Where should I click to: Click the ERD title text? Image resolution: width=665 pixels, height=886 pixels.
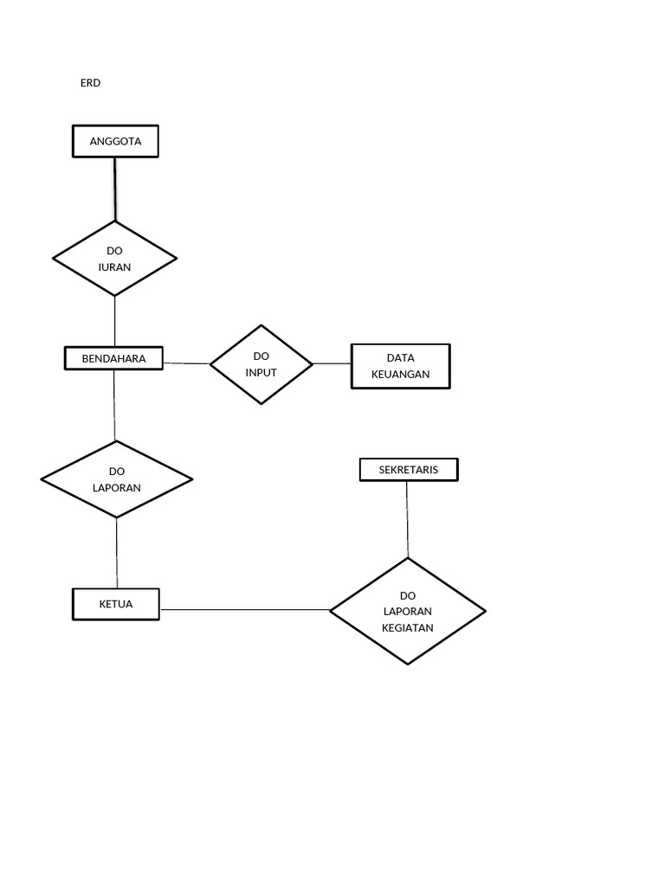90,83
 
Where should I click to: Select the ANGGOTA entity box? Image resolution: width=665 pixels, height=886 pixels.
115,141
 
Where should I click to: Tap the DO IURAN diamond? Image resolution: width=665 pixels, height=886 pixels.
115,258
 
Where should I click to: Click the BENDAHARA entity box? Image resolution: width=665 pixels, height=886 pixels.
113,358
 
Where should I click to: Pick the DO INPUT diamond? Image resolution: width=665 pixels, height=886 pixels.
261,364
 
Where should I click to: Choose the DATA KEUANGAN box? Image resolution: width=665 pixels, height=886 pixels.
400,367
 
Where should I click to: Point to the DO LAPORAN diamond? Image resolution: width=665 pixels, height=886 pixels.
117,479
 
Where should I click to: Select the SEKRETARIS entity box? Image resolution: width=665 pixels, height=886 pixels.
409,470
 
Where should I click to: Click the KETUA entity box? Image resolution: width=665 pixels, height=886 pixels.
116,604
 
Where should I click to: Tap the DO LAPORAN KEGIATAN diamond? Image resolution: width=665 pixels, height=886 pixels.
408,611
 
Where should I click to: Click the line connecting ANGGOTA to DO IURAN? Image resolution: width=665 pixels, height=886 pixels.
115,189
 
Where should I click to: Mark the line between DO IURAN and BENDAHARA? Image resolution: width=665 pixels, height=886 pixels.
115,321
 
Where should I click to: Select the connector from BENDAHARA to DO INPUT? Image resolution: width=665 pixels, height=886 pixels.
186,363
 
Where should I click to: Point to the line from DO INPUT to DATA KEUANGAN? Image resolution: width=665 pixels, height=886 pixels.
332,363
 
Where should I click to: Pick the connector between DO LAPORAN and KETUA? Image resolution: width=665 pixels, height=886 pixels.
117,553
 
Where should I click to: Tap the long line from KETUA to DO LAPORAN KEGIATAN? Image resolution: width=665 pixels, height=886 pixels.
245,610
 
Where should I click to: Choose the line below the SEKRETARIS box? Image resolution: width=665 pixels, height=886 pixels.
407,518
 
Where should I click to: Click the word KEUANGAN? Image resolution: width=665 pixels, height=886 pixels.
400,375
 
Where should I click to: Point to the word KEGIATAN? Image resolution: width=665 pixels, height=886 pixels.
408,627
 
